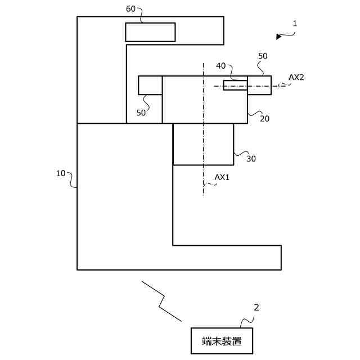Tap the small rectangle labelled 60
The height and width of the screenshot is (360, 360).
[150, 32]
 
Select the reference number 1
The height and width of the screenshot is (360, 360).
[295, 24]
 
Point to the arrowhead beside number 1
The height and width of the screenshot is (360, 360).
[279, 37]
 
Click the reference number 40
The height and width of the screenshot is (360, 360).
[220, 66]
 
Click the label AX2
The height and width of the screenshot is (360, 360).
[296, 77]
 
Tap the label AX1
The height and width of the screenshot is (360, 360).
[222, 177]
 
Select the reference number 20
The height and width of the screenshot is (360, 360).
[264, 118]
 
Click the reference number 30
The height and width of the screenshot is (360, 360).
[251, 159]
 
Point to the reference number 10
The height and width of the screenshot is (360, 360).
[61, 173]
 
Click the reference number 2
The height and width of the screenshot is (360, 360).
[256, 308]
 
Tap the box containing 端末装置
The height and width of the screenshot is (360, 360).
[222, 340]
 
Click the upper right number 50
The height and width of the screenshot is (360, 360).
[263, 56]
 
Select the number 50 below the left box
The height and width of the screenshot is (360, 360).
[141, 112]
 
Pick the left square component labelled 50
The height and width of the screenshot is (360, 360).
[150, 85]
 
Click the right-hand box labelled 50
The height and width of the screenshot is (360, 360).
[259, 85]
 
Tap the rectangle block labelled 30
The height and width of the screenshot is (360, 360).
[203, 144]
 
